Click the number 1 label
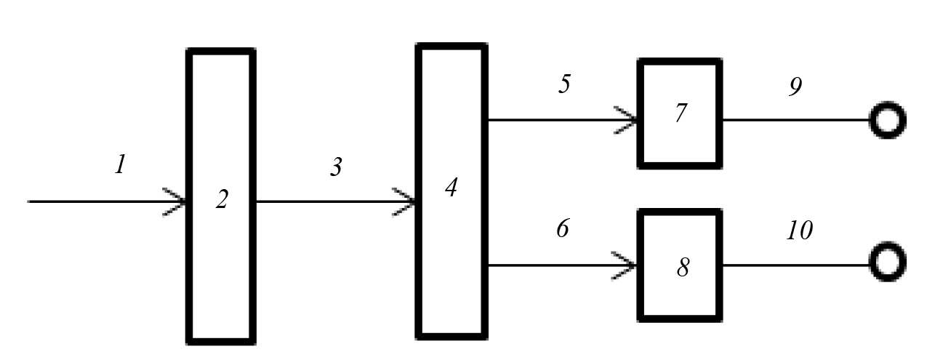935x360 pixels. click(x=121, y=165)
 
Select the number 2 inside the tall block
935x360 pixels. click(x=222, y=200)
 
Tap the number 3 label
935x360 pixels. click(x=335, y=168)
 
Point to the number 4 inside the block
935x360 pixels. click(x=451, y=188)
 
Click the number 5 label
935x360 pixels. click(x=564, y=84)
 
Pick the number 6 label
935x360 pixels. click(x=563, y=229)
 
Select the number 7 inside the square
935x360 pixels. click(x=680, y=114)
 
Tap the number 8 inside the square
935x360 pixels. click(x=683, y=268)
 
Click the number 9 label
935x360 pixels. click(x=795, y=87)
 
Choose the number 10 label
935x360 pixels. click(x=799, y=231)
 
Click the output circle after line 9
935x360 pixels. click(x=887, y=120)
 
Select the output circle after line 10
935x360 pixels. click(x=887, y=263)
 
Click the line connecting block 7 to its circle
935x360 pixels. click(x=796, y=120)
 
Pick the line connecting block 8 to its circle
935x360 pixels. click(x=796, y=265)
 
